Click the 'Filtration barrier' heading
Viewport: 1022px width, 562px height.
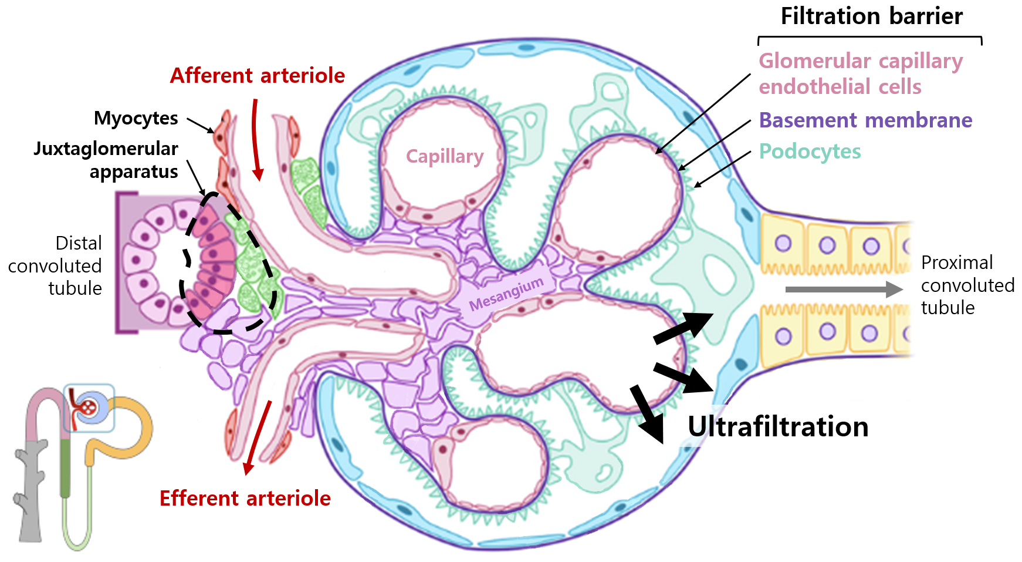(x=871, y=16)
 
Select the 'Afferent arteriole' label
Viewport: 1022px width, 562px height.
(x=257, y=76)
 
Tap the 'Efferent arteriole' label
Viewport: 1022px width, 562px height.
(x=245, y=498)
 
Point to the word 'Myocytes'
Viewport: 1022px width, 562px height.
(x=136, y=118)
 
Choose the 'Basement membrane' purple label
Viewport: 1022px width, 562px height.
(x=865, y=120)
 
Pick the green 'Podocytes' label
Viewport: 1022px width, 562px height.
(x=810, y=152)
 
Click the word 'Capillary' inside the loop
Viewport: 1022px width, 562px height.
(x=445, y=156)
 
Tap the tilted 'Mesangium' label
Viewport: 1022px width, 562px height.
(x=506, y=294)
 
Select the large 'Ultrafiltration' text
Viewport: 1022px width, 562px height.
(x=778, y=427)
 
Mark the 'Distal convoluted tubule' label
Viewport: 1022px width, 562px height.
(x=55, y=265)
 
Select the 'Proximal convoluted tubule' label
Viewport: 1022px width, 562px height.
(x=967, y=285)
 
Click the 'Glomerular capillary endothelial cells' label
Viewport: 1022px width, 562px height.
(x=861, y=74)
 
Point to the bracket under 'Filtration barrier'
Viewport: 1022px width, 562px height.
(x=869, y=39)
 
